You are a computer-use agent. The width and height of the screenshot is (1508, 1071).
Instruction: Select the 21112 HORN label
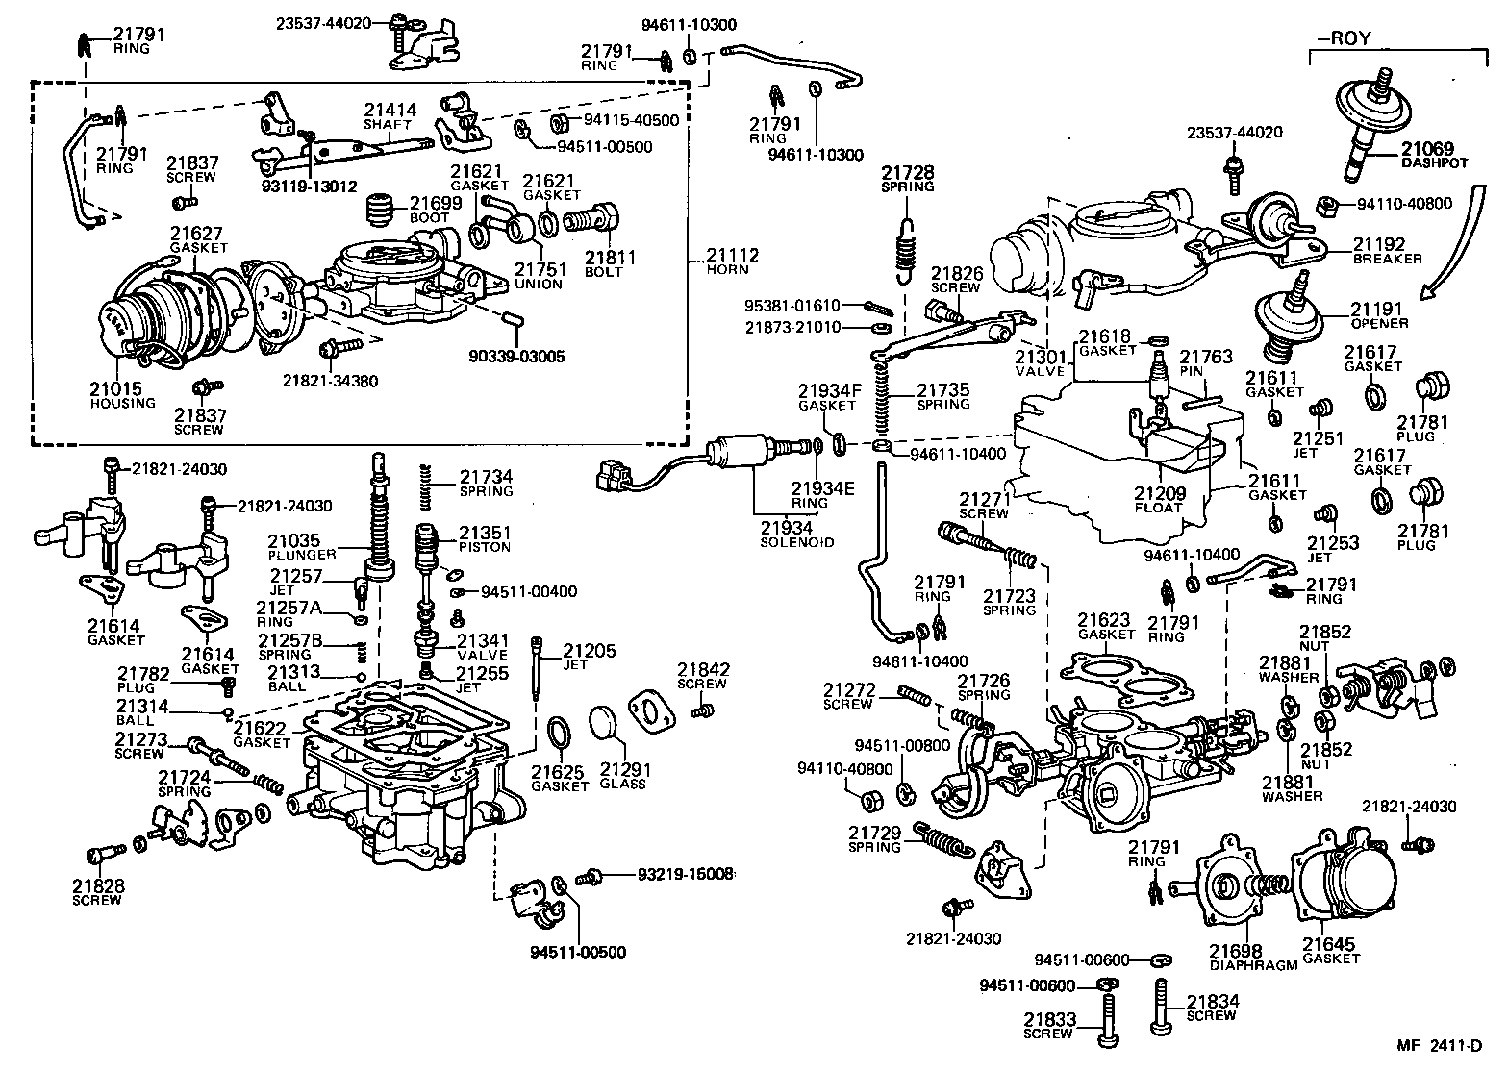[732, 262]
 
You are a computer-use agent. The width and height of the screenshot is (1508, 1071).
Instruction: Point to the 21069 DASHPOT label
[1434, 155]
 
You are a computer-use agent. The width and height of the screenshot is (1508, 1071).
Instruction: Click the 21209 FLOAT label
[1158, 500]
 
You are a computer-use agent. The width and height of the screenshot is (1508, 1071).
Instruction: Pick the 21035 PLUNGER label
[301, 547]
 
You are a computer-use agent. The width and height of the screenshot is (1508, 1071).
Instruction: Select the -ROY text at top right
[1344, 39]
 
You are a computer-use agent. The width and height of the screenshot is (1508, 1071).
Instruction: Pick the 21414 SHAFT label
[390, 116]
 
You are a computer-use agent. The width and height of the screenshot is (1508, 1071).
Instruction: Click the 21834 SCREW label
[1212, 1008]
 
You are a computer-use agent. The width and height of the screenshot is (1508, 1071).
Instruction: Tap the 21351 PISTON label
[485, 539]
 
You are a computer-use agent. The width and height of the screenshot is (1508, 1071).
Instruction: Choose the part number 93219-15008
[685, 874]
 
